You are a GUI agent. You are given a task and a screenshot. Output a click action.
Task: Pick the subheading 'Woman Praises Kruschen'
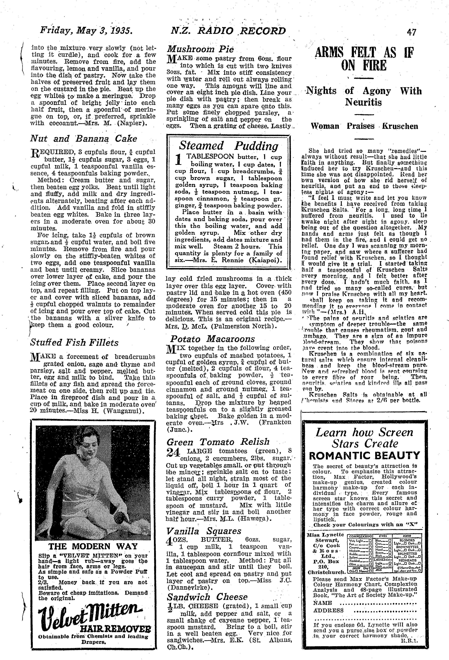click(x=364, y=126)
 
